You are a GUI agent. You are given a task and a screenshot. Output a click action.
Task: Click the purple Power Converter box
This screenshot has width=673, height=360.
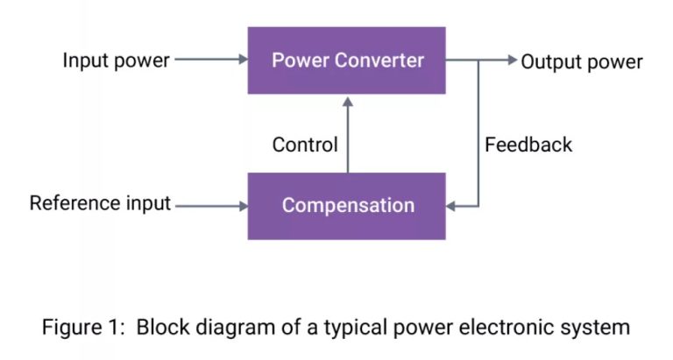tap(347, 60)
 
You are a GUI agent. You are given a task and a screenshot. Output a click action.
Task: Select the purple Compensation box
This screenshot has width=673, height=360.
tap(347, 206)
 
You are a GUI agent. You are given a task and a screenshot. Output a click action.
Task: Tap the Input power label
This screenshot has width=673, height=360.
tap(117, 61)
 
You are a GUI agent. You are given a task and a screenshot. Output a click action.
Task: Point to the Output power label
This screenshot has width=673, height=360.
tap(582, 61)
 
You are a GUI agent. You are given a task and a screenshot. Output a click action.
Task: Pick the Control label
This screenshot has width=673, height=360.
tap(305, 145)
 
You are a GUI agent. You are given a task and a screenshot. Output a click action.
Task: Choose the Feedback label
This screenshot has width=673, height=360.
tap(528, 145)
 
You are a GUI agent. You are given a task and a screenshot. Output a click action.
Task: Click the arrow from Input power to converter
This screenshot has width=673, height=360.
tap(210, 60)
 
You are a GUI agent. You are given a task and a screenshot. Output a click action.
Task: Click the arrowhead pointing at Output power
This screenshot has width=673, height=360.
tap(513, 60)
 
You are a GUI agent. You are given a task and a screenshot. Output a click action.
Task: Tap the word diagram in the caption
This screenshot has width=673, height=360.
tap(236, 328)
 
